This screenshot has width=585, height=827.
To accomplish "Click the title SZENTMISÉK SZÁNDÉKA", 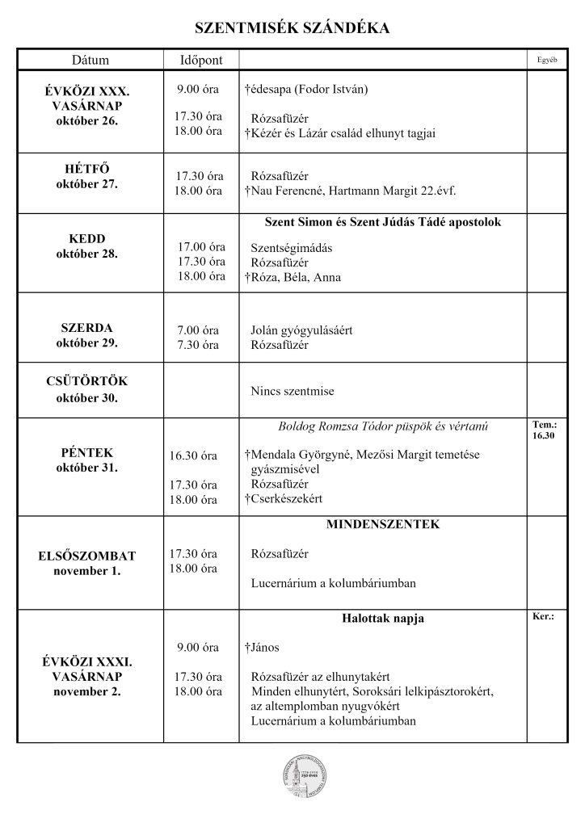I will coord(292,29).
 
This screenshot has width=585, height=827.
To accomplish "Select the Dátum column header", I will coord(90,61).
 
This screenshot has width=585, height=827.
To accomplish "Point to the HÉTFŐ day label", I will coord(86,169).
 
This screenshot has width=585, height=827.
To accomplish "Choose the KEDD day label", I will coord(86,239).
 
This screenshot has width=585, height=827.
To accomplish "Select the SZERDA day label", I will coord(86,329).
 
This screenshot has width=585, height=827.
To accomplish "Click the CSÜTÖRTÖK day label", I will coord(86,381).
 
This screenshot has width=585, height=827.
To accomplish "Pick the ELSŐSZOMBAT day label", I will coord(86,556).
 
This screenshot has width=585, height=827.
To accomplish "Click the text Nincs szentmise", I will coord(292,392).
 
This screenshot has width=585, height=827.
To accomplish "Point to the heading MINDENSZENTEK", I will coord(383,525).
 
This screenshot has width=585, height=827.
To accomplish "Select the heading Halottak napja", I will coord(383,619).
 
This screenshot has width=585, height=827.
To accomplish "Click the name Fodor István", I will coord(331,88).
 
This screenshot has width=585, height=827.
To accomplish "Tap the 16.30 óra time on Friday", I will coord(193,456).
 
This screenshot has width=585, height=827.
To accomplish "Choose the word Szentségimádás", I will coord(292,248).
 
